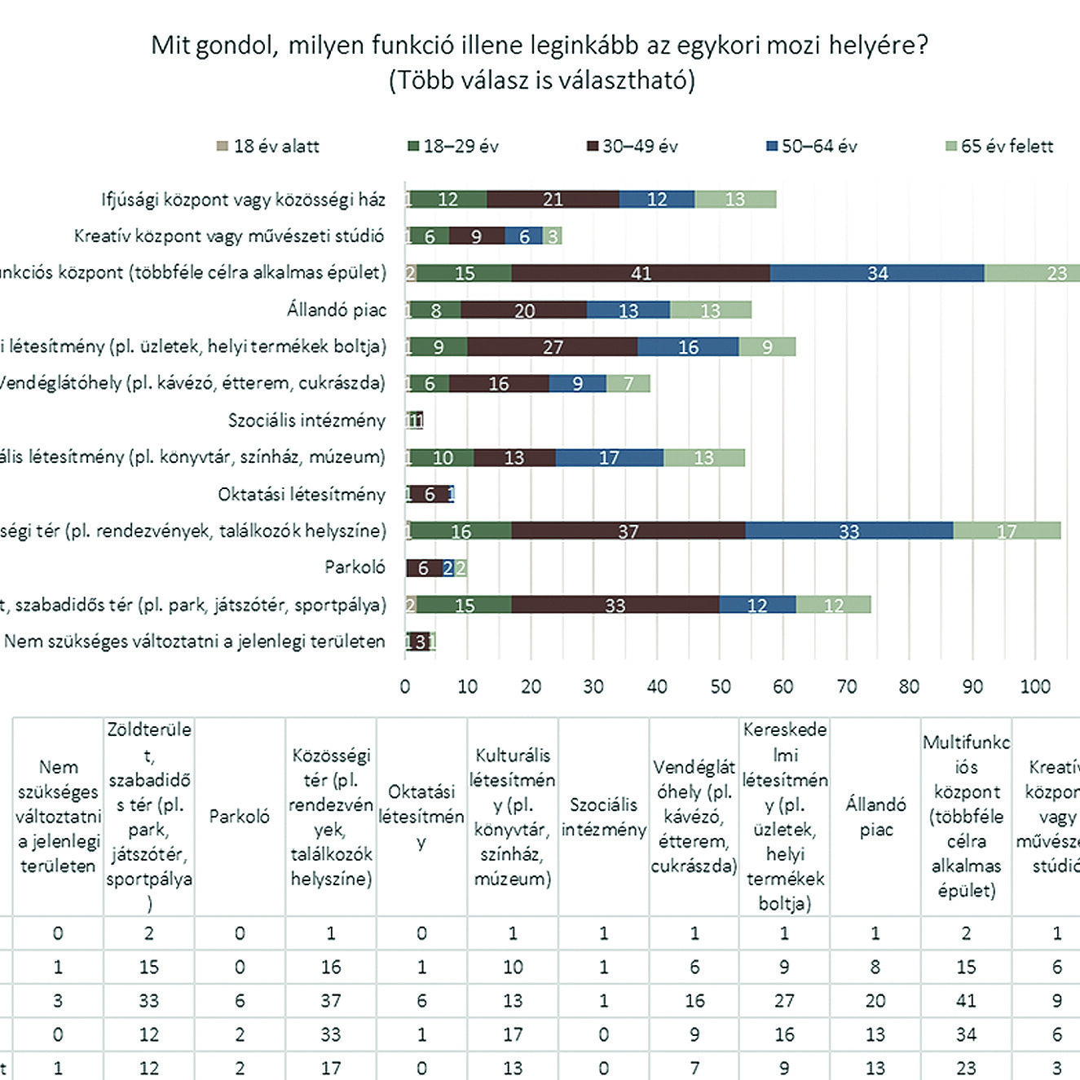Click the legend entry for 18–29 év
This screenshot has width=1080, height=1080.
coord(453,147)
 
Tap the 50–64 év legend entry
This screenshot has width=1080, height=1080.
coord(812,147)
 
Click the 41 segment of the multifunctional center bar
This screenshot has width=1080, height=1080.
coord(641,273)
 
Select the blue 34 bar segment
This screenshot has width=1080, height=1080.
coord(877,273)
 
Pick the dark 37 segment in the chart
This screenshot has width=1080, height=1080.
coord(628,531)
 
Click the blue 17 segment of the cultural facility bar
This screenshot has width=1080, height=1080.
coord(609,458)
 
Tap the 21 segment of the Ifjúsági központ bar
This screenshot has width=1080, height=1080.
coord(553,200)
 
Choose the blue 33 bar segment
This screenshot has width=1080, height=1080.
coord(849,531)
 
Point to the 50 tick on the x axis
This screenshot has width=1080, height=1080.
coord(720,686)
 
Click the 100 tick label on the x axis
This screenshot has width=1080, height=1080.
coord(1035,686)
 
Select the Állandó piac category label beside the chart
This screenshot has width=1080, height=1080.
coord(336,310)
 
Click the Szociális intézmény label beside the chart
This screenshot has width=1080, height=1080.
coord(306,421)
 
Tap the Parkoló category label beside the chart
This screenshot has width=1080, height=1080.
coord(355,567)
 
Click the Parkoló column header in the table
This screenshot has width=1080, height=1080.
coord(239,817)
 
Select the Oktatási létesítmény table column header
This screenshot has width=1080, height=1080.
coord(421,816)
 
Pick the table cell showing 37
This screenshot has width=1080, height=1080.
coord(330,1001)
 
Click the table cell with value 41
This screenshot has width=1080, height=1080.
coord(966,1001)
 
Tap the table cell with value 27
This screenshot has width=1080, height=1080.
coord(784,1001)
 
